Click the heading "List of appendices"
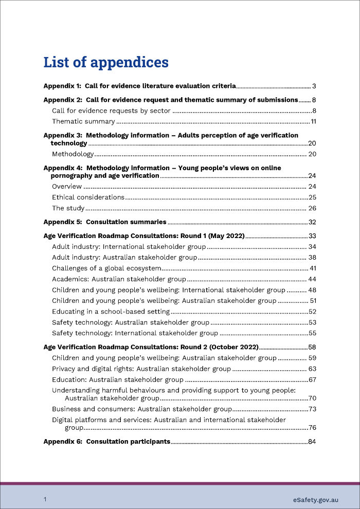tap(106, 62)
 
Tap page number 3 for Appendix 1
tap(313, 86)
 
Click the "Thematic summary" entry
tap(83, 122)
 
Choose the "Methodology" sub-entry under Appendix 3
tap(73, 154)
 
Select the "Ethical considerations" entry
tap(88, 197)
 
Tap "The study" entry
tap(68, 209)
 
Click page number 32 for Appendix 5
tap(312, 222)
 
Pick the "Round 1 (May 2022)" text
tap(211, 236)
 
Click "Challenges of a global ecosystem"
tap(107, 268)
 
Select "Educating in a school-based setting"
tap(111, 312)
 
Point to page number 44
tap(312, 279)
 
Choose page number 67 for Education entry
tap(312, 380)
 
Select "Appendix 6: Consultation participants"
tap(106, 441)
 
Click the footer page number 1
tap(45, 500)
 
